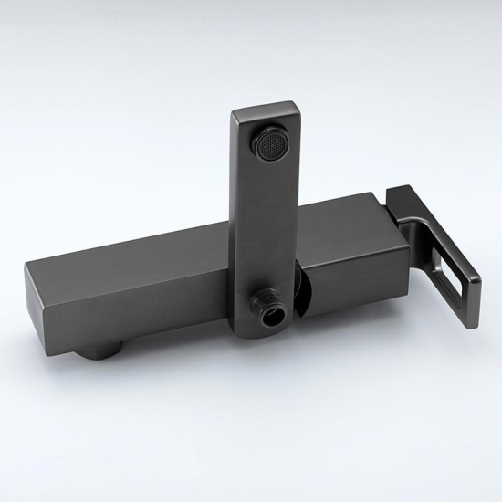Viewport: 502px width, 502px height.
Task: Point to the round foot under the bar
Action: click(99, 350)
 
